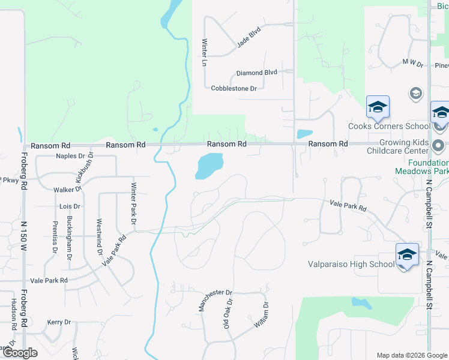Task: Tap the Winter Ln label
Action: point(204,52)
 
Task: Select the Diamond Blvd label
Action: point(256,73)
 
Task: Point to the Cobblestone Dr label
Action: point(234,88)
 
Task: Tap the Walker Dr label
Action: point(67,190)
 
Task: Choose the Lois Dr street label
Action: point(70,206)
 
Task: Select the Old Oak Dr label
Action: point(228,313)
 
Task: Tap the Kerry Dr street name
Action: point(59,322)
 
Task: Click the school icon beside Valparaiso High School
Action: point(406,256)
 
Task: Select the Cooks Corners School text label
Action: point(390,126)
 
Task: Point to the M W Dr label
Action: point(413,62)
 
